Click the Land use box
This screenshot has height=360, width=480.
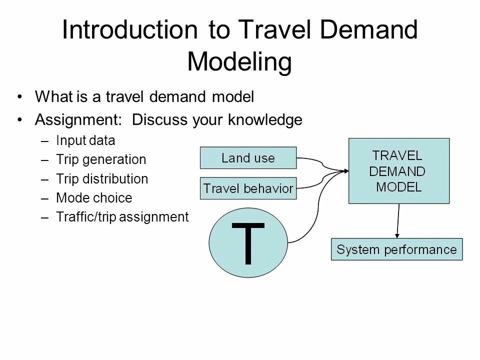[248, 158]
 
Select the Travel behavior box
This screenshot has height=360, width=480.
[248, 188]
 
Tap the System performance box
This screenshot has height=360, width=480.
[396, 249]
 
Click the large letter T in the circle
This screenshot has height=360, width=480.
[248, 243]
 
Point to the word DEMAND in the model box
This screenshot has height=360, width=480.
[397, 171]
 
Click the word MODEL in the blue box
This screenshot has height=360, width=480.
[398, 187]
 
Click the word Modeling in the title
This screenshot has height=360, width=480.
[239, 61]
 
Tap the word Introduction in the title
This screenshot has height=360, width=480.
[129, 30]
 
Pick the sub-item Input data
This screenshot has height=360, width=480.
[85, 141]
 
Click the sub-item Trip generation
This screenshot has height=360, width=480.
[101, 160]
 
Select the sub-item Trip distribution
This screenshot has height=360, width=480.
[102, 179]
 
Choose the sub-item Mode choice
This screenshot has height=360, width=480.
[94, 198]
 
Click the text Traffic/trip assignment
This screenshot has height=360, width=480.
[122, 217]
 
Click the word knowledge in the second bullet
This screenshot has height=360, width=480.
[265, 120]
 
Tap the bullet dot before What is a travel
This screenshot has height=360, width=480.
[20, 97]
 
